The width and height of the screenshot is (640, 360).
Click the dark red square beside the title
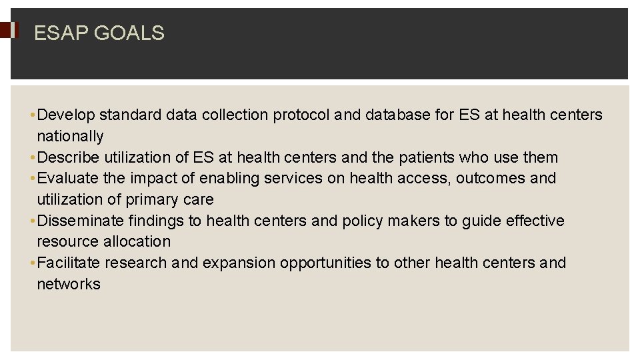[7, 30]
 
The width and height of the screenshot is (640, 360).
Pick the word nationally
[70, 137]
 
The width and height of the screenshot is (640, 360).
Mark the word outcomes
[491, 179]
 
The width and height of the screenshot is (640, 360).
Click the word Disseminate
[81, 221]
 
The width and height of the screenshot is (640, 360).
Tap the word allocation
[139, 242]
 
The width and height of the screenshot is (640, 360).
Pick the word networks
[69, 285]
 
